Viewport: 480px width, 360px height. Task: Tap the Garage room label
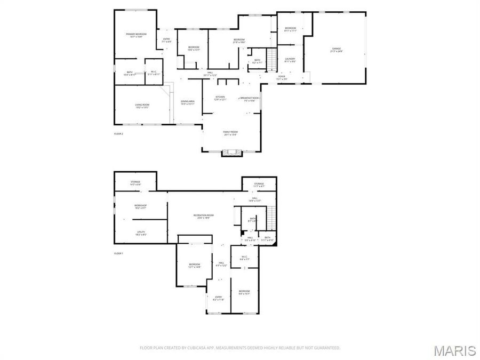pyautogui.click(x=336, y=50)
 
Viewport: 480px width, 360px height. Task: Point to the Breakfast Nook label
pyautogui.click(x=249, y=99)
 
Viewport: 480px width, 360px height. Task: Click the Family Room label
pyautogui.click(x=230, y=133)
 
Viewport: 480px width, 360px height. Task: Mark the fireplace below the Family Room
pyautogui.click(x=231, y=153)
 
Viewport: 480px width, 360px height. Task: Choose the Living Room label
pyautogui.click(x=141, y=106)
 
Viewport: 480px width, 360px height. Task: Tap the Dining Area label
pyautogui.click(x=187, y=102)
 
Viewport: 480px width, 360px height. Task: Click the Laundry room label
pyautogui.click(x=290, y=60)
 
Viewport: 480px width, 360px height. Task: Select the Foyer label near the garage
pyautogui.click(x=282, y=77)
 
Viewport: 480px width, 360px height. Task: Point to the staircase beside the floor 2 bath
pyautogui.click(x=272, y=60)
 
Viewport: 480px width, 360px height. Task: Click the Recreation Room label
pyautogui.click(x=201, y=216)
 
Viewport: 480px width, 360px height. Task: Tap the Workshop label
pyautogui.click(x=140, y=206)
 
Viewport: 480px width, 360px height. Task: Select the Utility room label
pyautogui.click(x=141, y=233)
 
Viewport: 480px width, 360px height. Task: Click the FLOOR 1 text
pyautogui.click(x=118, y=253)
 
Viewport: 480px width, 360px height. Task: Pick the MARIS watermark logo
pyautogui.click(x=454, y=350)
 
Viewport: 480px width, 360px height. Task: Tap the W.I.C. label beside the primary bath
pyautogui.click(x=153, y=73)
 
